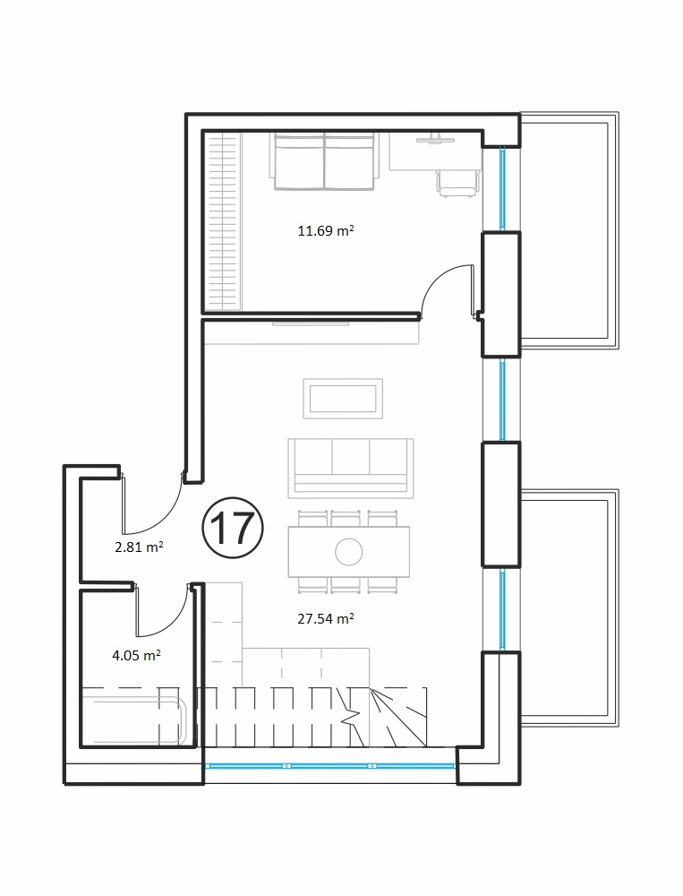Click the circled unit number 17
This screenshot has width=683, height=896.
pos(233,528)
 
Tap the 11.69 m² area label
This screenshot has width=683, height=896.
pos(326,231)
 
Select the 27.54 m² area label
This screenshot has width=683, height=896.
pos(326,618)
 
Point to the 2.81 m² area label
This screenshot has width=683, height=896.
pos(140,547)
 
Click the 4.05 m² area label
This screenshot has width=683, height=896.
pos(136,655)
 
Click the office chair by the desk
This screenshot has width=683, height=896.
pos(457,184)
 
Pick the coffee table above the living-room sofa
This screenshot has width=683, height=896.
pos(343,399)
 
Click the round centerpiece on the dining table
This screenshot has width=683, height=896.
pos(349,552)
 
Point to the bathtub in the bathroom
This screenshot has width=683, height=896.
pos(134,720)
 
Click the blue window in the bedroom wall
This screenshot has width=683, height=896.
pos(502,189)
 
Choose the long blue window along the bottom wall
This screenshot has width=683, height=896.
pos(330,766)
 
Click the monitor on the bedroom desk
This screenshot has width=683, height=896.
pos(435,139)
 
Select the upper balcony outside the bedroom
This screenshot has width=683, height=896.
pos(569,231)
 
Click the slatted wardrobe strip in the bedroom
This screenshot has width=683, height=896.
pos(223,221)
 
